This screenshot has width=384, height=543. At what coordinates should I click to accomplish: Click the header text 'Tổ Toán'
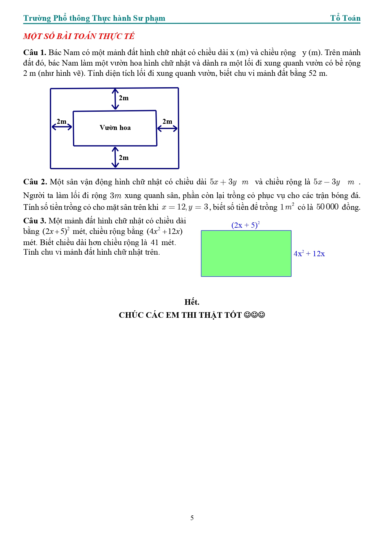pos(345,18)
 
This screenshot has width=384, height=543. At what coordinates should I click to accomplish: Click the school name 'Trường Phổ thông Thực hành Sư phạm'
pos(94,18)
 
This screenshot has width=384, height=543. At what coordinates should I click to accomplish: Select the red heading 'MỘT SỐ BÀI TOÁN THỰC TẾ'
pos(79,36)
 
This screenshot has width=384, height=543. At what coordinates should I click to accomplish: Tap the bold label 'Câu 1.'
pos(34,53)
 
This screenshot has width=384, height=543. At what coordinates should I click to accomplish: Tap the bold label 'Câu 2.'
pos(35,182)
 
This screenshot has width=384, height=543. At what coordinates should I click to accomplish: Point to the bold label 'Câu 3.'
pos(34,221)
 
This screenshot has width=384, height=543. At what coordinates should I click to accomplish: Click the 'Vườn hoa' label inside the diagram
pos(115,128)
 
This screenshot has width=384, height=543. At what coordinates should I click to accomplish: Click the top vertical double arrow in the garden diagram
pos(115,99)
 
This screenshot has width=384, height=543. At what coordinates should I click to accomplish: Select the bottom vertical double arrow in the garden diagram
pos(115,157)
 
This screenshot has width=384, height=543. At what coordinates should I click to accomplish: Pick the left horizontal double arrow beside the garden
pos(62,127)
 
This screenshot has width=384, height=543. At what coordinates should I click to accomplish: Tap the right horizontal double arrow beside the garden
pos(167,128)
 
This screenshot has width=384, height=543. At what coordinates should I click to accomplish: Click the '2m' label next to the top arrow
pos(124,98)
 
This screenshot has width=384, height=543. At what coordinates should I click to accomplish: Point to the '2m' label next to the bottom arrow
pos(124,158)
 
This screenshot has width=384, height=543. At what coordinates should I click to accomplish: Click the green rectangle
pos(246,253)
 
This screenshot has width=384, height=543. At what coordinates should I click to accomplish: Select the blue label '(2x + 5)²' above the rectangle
pos(245,225)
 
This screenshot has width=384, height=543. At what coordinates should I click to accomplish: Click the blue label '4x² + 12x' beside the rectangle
pos(309,254)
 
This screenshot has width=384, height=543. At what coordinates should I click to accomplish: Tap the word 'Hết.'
pos(192,302)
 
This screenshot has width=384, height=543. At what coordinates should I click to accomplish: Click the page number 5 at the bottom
pos(192,518)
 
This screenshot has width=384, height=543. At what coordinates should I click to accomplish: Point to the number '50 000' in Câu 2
pos(327,207)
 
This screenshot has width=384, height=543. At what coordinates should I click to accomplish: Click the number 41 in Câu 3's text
pos(154,243)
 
